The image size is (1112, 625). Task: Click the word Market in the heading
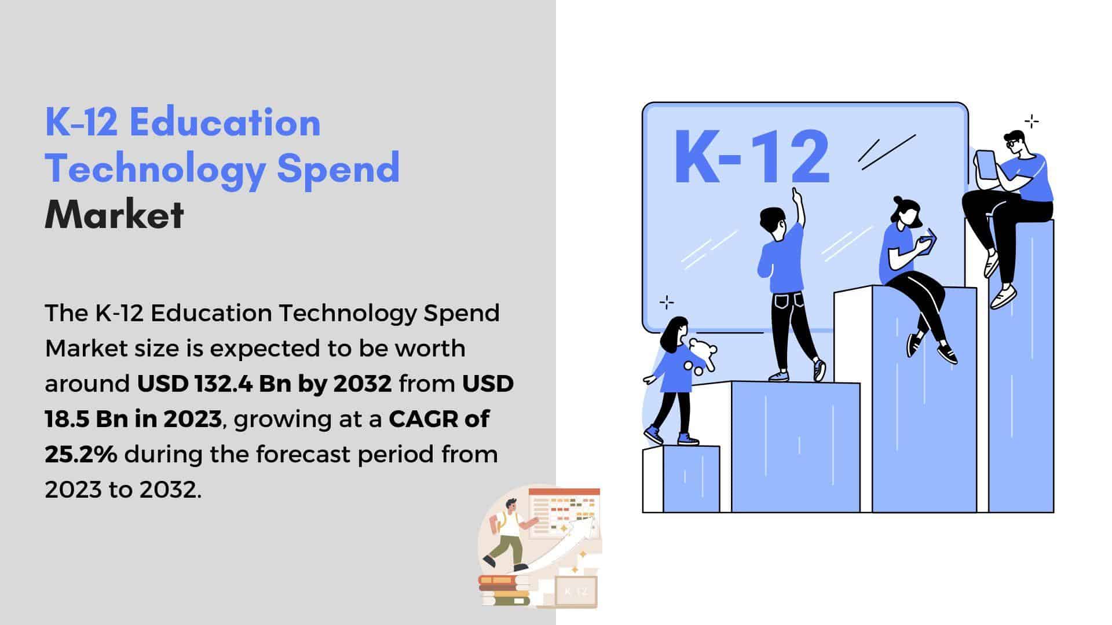(x=114, y=215)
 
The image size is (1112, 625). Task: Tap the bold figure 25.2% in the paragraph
(x=81, y=454)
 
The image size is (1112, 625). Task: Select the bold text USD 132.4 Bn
(x=214, y=384)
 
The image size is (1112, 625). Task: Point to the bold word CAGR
(x=423, y=419)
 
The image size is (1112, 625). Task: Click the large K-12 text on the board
(x=752, y=157)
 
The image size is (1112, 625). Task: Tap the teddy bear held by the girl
(x=701, y=356)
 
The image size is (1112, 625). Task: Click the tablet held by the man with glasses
(x=985, y=165)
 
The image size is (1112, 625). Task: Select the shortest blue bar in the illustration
(x=691, y=479)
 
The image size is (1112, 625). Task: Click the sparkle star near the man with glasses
(x=1031, y=122)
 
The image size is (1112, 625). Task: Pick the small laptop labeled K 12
(x=575, y=591)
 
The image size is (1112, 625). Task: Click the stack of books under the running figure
(x=504, y=590)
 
